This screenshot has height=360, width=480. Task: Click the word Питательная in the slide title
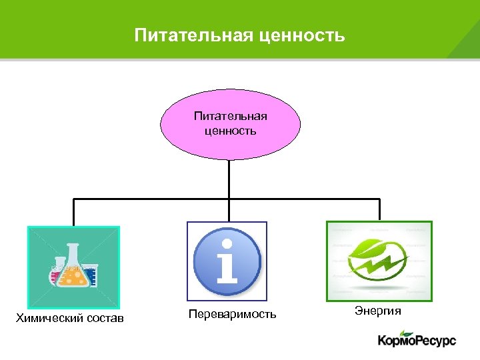191,35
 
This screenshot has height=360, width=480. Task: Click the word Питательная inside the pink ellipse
231,116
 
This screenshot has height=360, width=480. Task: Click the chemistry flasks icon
73,267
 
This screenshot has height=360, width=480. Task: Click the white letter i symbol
227,262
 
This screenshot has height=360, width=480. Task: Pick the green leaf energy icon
379,261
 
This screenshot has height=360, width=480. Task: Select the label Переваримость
231,313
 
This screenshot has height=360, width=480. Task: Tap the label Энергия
378,310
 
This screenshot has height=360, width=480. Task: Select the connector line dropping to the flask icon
73,212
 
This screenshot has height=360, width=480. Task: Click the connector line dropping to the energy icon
379,209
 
